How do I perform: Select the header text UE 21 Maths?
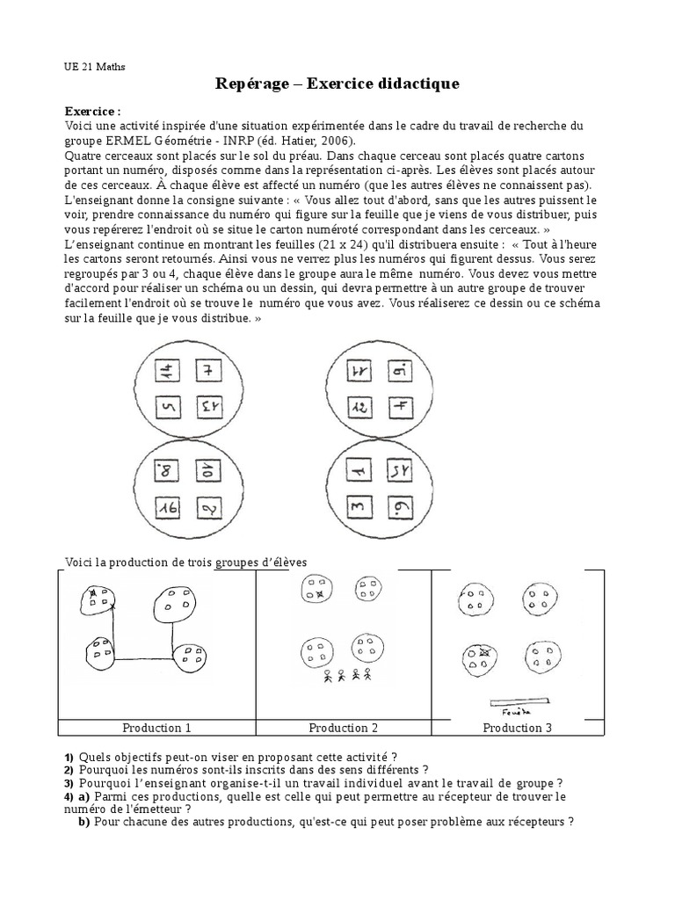pos(95,65)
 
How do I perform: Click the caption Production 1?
pos(156,728)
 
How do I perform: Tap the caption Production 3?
pos(518,728)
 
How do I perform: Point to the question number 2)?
pos(69,770)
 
